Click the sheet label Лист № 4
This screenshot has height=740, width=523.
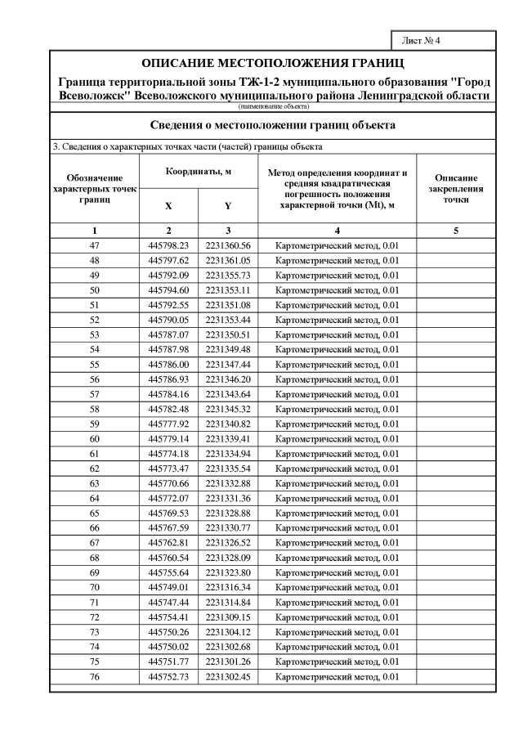[x=422, y=40]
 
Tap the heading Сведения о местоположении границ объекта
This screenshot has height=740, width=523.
[x=273, y=125]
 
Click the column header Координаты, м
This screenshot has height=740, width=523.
[x=198, y=171]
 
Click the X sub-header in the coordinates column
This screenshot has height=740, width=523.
[x=168, y=207]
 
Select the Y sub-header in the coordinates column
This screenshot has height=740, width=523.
[x=227, y=207]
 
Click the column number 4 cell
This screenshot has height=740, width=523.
[x=337, y=231]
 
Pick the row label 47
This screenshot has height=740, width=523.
[x=94, y=245]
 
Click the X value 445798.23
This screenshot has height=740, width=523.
[x=168, y=245]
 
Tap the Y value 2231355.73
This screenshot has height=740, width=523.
[x=227, y=275]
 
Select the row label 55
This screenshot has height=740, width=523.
[x=94, y=364]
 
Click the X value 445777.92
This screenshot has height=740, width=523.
[x=168, y=424]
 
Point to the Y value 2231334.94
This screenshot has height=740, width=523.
[x=227, y=453]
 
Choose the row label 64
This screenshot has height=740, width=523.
[x=94, y=498]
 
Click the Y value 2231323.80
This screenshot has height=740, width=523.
[x=227, y=572]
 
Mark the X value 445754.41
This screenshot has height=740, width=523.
[x=168, y=617]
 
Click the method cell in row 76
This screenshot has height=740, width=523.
[x=337, y=676]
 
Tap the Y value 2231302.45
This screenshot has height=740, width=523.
[x=227, y=676]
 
